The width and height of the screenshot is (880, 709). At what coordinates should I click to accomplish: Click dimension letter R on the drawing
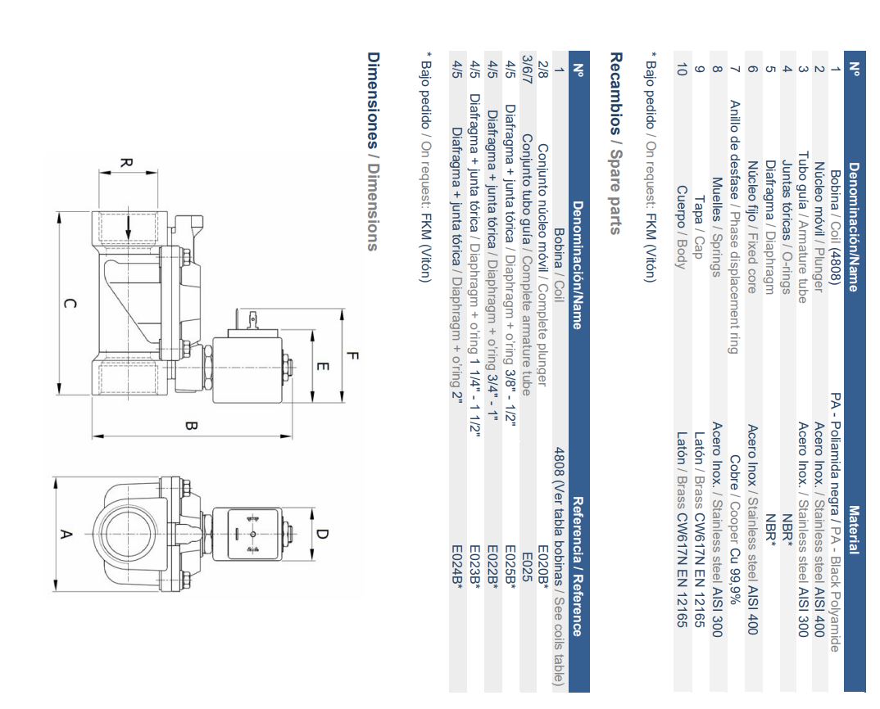point(126,163)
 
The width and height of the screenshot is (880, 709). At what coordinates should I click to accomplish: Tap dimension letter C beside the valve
point(70,304)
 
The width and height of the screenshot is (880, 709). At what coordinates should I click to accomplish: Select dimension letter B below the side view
point(191,427)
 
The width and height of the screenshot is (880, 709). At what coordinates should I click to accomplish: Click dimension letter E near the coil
point(322,366)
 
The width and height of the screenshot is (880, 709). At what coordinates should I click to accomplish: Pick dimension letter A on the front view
point(66,534)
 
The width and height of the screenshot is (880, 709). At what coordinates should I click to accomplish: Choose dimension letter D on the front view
point(321,533)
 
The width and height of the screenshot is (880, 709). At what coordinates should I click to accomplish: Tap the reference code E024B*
point(457,567)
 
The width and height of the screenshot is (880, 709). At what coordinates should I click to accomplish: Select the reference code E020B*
point(543,567)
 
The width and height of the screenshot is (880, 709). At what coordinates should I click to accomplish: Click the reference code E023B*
point(474,567)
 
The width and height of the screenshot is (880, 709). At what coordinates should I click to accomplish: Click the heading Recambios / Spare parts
point(615,143)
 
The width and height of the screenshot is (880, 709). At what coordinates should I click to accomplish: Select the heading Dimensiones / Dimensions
point(373,151)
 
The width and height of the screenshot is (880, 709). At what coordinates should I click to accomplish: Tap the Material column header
point(854,530)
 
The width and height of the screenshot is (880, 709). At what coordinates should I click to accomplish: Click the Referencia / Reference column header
point(578,567)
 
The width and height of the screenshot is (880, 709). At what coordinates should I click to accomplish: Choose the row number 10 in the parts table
point(682,70)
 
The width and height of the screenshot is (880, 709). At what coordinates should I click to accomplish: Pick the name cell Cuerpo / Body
point(682,227)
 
